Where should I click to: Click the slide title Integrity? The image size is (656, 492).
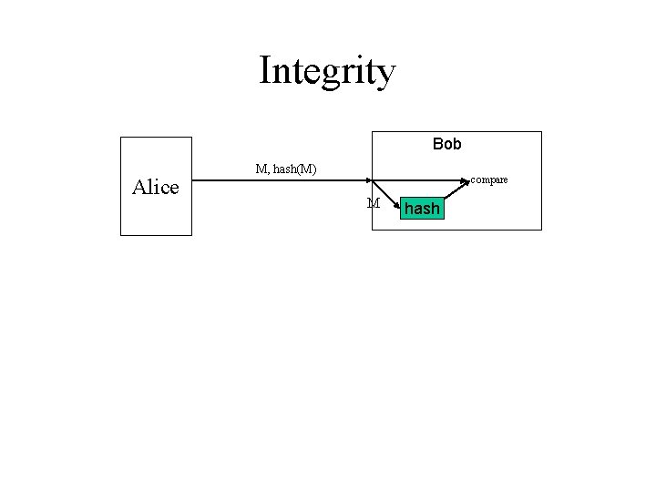click(327, 71)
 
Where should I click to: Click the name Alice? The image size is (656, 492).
click(155, 188)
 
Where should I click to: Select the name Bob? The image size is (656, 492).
click(446, 145)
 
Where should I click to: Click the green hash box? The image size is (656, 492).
click(422, 210)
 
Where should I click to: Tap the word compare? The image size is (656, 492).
click(489, 180)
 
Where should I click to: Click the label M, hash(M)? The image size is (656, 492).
click(286, 169)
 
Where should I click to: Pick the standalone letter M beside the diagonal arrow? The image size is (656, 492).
click(374, 203)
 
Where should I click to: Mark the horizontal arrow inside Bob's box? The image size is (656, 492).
click(419, 180)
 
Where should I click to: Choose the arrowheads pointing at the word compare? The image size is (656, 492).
click(467, 181)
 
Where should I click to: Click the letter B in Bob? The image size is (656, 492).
click(437, 145)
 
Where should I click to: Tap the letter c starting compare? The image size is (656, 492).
click(474, 180)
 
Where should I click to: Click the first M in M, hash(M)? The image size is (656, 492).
click(261, 169)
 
